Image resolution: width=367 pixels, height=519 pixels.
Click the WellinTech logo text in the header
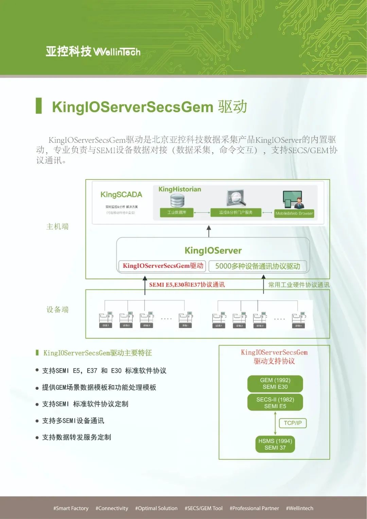click(x=117, y=52)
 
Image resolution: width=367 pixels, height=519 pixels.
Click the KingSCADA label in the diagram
click(x=121, y=195)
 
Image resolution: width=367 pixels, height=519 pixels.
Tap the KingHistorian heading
click(x=180, y=189)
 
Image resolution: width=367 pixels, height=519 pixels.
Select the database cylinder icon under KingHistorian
click(x=177, y=200)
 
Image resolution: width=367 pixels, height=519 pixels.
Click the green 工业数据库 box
click(x=177, y=212)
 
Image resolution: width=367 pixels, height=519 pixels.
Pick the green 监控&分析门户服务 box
click(x=236, y=212)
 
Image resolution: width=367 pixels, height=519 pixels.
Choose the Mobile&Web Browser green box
click(x=294, y=213)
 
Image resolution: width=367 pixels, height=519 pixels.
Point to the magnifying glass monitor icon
click(x=236, y=198)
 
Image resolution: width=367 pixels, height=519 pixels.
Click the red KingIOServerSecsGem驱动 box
click(x=163, y=266)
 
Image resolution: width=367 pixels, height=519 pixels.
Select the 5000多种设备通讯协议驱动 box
click(x=258, y=266)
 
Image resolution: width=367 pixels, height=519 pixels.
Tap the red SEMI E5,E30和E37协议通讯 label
click(x=187, y=285)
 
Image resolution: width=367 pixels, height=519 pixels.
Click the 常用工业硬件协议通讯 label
click(x=299, y=285)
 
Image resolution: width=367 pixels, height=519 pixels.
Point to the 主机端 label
click(x=57, y=227)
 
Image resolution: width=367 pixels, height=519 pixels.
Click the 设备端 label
click(x=57, y=310)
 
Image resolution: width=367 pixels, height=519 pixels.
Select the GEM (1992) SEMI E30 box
click(x=275, y=384)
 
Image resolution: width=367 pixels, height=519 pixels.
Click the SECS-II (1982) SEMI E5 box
click(x=275, y=403)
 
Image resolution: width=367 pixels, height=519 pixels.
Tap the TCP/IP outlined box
click(x=293, y=423)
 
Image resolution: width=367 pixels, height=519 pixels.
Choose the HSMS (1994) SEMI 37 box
click(x=275, y=444)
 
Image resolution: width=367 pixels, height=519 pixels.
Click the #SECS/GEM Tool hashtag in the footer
click(x=204, y=508)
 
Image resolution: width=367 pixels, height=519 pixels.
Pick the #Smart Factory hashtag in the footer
click(x=71, y=508)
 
